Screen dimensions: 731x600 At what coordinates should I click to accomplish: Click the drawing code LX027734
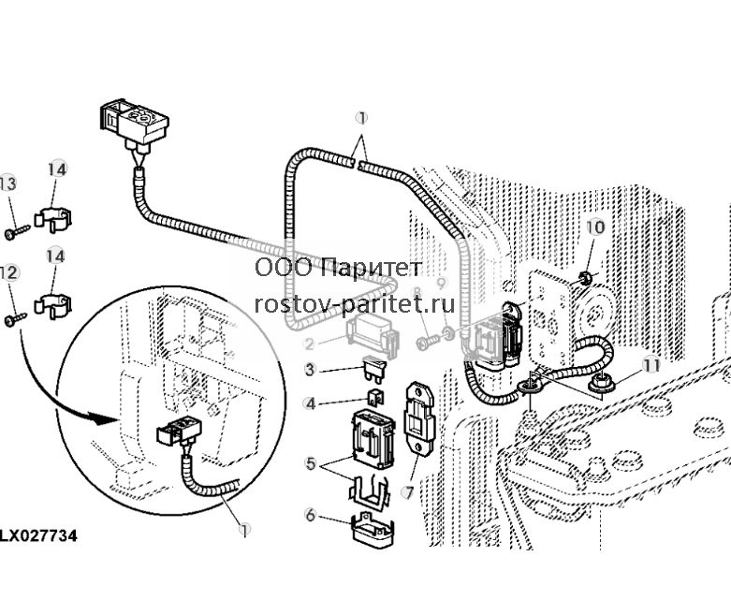[38, 535]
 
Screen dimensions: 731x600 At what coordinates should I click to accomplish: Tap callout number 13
[7, 183]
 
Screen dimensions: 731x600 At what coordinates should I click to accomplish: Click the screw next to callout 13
[17, 232]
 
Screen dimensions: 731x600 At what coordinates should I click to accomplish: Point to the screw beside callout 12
[15, 320]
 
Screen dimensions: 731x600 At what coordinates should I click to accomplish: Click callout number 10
[595, 227]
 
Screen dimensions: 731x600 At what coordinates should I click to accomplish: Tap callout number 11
[651, 365]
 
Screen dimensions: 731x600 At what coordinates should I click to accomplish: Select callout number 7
[409, 492]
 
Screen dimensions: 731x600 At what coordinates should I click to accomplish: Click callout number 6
[311, 515]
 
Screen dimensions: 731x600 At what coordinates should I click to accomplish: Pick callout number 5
[311, 463]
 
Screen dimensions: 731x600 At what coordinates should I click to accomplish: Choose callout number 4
[311, 403]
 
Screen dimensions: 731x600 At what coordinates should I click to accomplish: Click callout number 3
[311, 370]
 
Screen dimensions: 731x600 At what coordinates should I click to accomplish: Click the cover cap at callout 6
[373, 530]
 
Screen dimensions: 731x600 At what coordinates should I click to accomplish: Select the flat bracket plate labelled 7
[418, 417]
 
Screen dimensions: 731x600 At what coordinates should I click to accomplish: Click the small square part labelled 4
[375, 398]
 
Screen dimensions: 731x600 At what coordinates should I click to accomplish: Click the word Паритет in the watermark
[372, 268]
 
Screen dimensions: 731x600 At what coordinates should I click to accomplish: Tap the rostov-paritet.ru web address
[355, 304]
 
